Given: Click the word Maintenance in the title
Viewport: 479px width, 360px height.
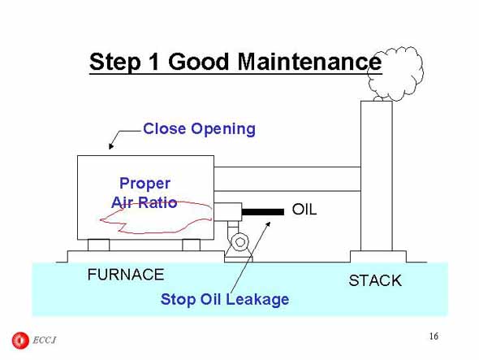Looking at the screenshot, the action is click(309, 62).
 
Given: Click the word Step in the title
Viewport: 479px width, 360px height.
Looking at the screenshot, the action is click(114, 63).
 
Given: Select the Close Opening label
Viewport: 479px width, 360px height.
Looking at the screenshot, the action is click(199, 129).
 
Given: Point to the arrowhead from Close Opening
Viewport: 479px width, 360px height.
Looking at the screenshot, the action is click(111, 146).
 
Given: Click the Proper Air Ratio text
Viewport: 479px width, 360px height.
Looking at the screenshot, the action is click(145, 193).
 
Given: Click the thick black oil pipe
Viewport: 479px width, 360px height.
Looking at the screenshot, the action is click(263, 211).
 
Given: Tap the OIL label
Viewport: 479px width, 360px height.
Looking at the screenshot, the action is click(304, 210).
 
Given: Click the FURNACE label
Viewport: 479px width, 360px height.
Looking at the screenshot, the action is click(126, 275).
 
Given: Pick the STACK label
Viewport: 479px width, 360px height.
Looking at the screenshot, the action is click(375, 280).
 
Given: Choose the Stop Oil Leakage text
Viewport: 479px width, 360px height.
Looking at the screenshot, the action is click(225, 299).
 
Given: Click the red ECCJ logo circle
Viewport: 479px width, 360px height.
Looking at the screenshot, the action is click(20, 340).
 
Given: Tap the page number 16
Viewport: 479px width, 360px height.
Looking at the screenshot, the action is click(434, 336).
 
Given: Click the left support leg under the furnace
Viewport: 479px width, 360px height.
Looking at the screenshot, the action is click(98, 245).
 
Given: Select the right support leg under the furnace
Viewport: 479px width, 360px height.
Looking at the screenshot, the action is click(192, 245).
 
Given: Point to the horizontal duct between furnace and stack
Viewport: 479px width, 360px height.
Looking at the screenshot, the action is click(287, 179).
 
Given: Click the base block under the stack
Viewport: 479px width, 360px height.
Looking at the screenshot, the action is click(378, 257).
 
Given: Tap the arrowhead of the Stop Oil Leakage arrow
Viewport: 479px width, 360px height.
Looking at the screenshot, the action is click(268, 224).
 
